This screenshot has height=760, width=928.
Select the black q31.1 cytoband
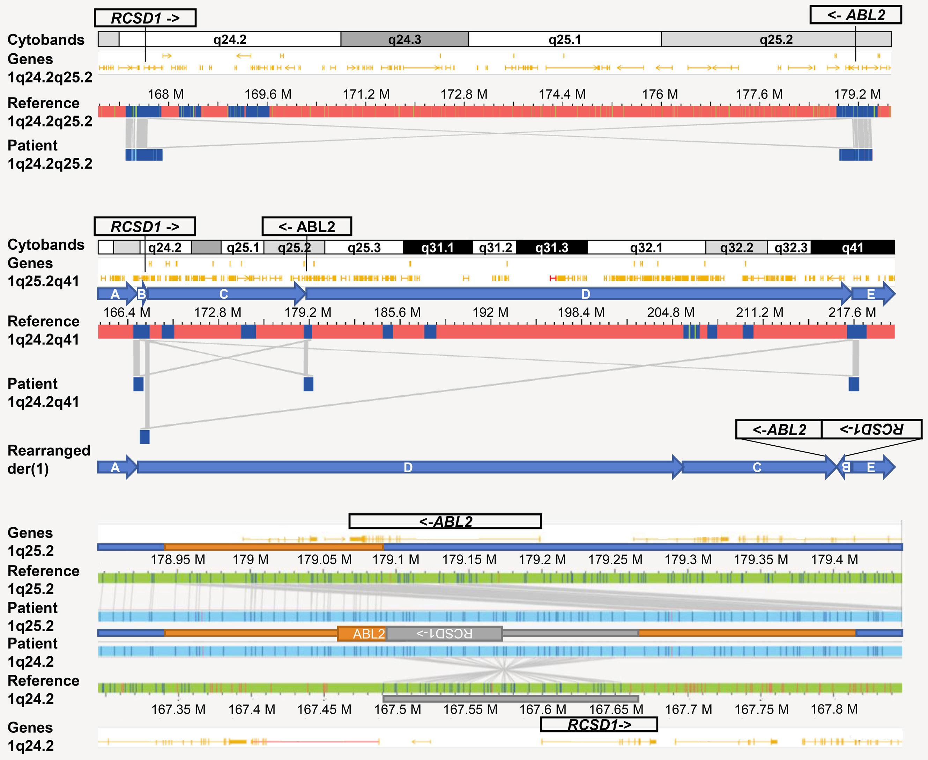tap(438, 248)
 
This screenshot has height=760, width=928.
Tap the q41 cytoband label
tap(852, 248)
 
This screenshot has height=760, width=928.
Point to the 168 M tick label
tap(165, 94)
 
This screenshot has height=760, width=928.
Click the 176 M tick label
tap(660, 94)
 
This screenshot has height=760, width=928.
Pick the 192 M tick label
tap(490, 312)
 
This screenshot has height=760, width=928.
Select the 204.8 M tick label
tap(671, 312)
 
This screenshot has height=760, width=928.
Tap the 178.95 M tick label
tap(178, 560)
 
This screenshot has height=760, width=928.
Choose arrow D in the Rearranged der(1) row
tap(408, 468)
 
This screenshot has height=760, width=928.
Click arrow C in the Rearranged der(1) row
tap(757, 468)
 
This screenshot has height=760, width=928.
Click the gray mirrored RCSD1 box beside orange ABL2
tap(444, 634)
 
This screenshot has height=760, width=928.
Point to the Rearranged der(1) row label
tap(49, 459)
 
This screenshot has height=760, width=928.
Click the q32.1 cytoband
tap(646, 248)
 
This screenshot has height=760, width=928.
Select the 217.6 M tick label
tap(852, 312)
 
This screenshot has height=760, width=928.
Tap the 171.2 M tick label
tap(366, 94)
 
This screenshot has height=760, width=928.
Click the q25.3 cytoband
tap(364, 248)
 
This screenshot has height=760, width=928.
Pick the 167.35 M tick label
tap(178, 709)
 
